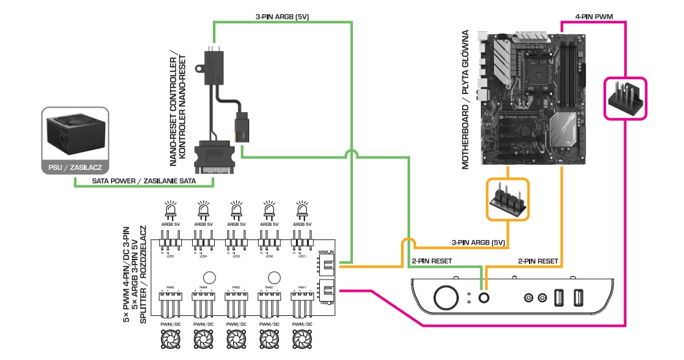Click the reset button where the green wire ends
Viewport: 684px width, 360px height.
click(x=483, y=296)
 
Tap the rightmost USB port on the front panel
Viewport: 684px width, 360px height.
click(x=579, y=297)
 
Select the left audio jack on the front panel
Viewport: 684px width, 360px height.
click(x=527, y=297)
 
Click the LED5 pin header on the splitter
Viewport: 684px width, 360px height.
click(x=171, y=247)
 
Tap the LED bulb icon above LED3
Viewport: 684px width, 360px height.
click(x=236, y=210)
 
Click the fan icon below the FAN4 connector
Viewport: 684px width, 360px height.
click(x=203, y=339)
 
